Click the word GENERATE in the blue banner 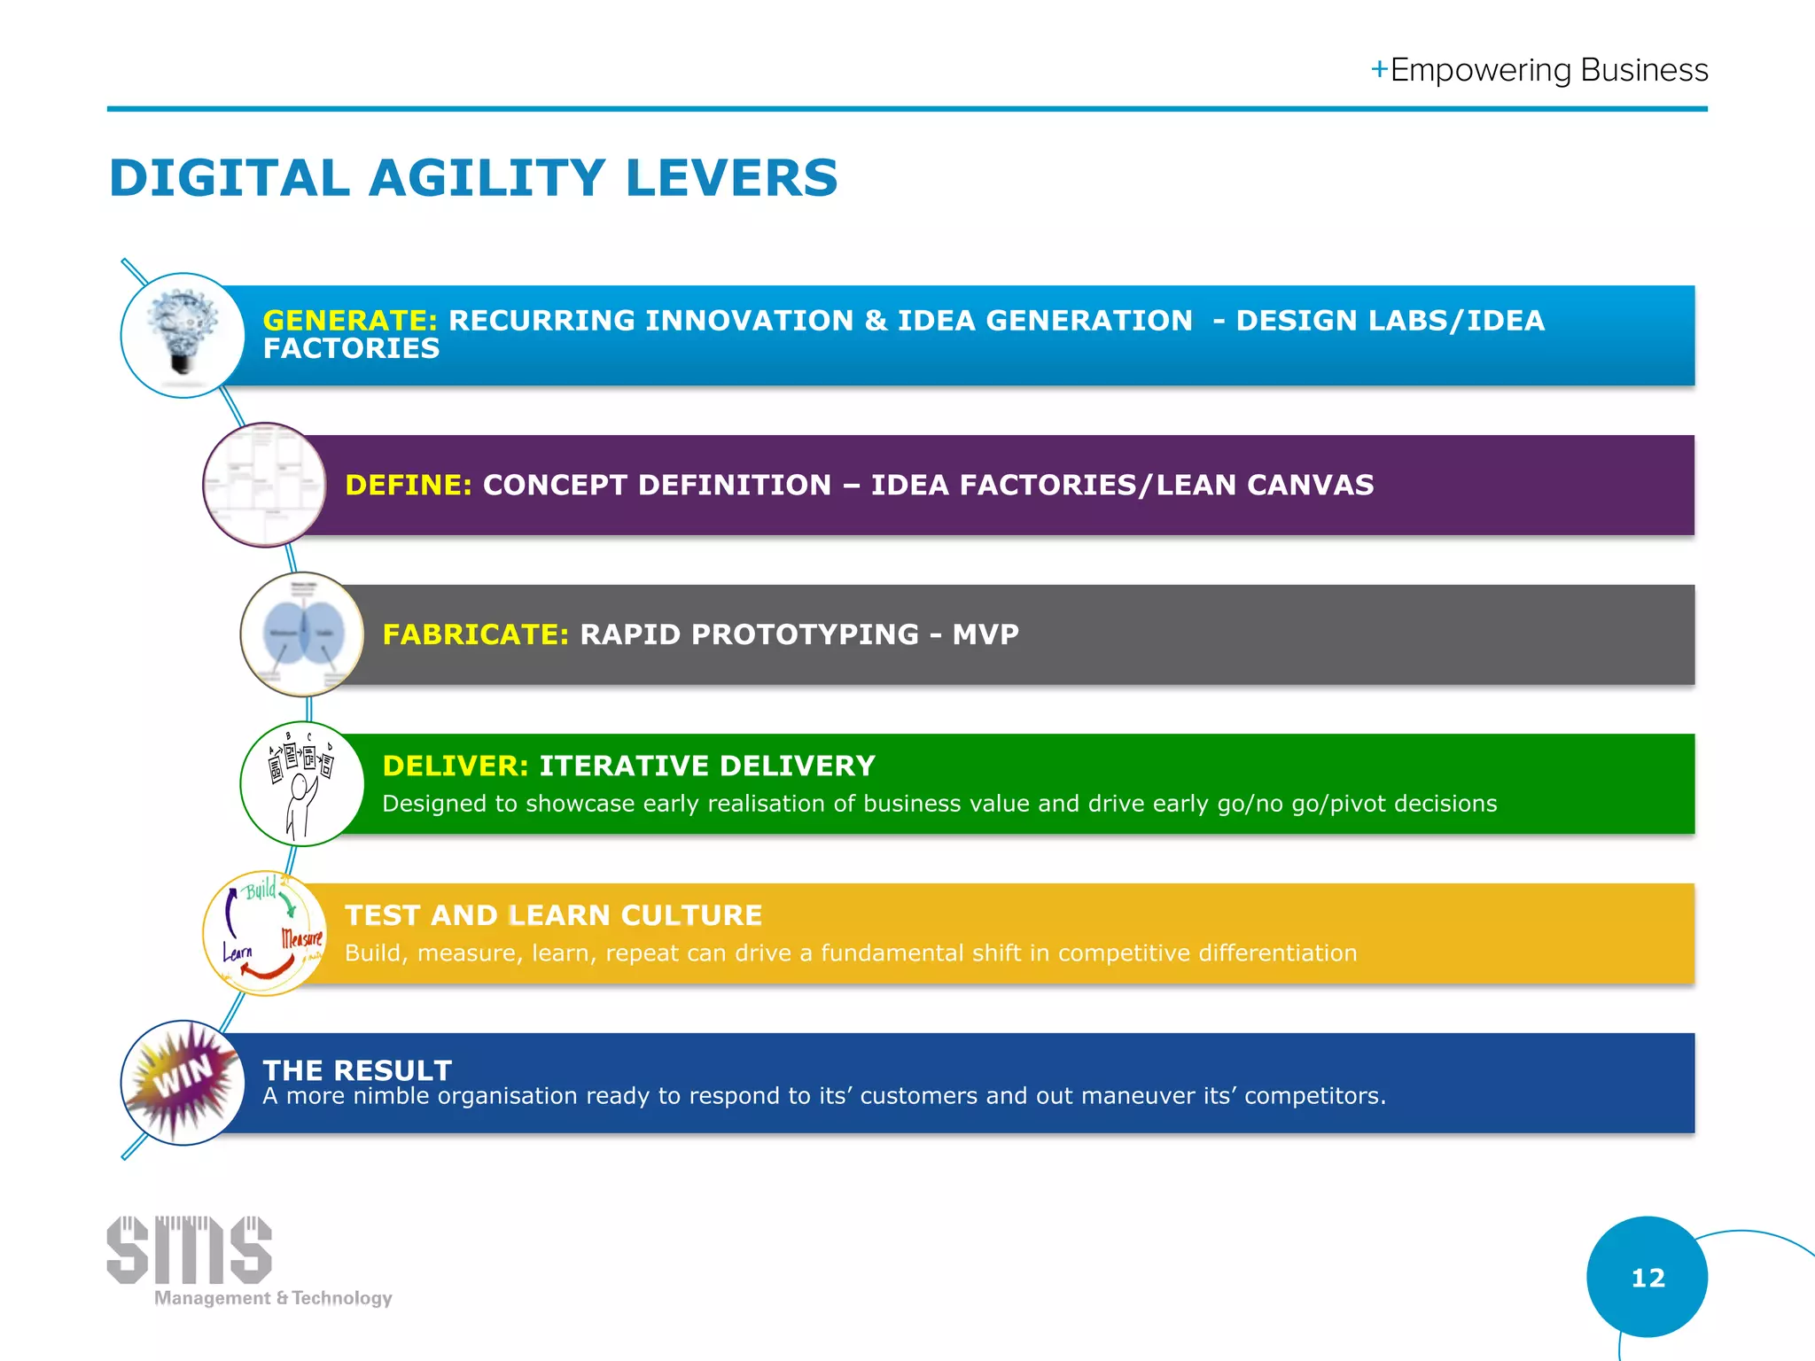tap(349, 321)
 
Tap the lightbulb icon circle tap(183, 336)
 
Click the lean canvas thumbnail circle tap(264, 485)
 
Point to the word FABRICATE tap(475, 634)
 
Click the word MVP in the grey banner tap(985, 634)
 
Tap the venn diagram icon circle tap(302, 634)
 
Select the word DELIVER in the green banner tap(455, 766)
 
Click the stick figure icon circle tap(302, 784)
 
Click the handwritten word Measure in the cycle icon tap(302, 937)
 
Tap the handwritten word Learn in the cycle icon tap(238, 953)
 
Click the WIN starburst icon tap(183, 1082)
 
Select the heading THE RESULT tap(357, 1070)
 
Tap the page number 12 tap(1648, 1278)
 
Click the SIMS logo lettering tap(189, 1249)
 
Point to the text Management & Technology tap(273, 1298)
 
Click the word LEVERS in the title tap(731, 178)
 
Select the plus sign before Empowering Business tap(1379, 70)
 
